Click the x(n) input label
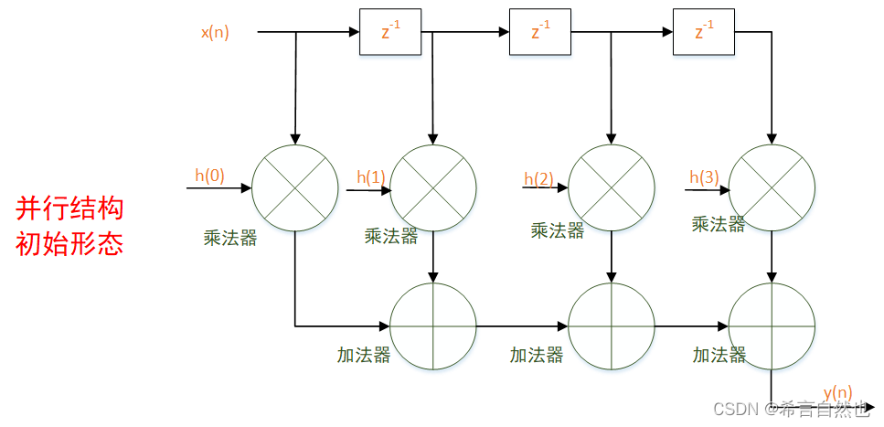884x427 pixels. (x=215, y=33)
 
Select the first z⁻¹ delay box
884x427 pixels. (x=390, y=32)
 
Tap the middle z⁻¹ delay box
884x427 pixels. (x=539, y=32)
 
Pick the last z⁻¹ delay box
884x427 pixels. (x=703, y=32)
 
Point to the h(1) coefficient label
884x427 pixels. (x=371, y=177)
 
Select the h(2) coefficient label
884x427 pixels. (x=539, y=178)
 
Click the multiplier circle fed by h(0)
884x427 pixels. (x=294, y=188)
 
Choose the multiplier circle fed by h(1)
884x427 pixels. (x=433, y=188)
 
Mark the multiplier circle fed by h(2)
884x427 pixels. (x=611, y=188)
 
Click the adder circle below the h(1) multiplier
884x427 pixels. (x=433, y=326)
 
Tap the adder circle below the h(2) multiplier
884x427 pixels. (x=611, y=326)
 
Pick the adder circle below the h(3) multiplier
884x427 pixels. (x=772, y=326)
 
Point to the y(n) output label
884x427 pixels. (x=837, y=392)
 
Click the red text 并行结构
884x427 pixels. (x=69, y=208)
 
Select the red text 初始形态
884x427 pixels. (x=69, y=244)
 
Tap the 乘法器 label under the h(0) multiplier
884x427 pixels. (x=230, y=240)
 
